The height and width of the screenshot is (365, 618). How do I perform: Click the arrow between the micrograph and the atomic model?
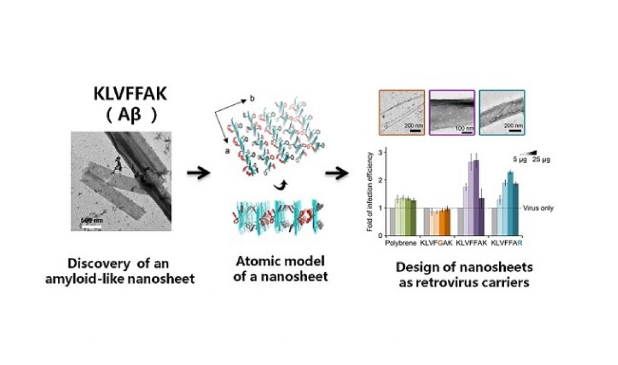[x=197, y=173]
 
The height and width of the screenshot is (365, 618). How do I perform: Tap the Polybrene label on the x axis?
[x=400, y=244]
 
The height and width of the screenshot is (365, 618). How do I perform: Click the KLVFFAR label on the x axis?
[x=507, y=244]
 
